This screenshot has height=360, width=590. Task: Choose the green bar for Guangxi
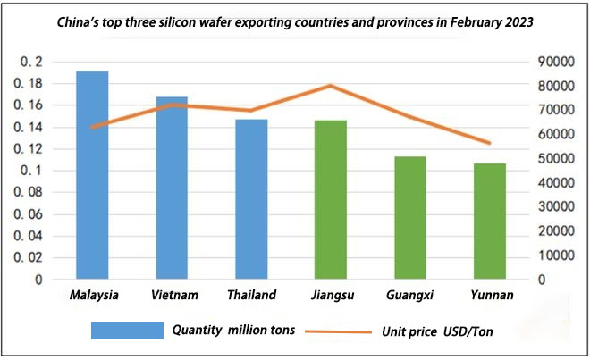point(410,217)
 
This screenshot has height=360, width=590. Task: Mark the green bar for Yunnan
point(490,221)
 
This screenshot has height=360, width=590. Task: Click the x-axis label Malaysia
point(93,294)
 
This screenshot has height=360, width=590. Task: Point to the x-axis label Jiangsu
point(331,294)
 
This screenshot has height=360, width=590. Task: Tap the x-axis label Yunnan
point(490,294)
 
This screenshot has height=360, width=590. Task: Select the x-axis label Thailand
point(251,294)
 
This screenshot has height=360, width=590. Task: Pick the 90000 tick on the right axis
point(553,62)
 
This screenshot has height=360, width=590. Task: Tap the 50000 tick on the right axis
point(553,158)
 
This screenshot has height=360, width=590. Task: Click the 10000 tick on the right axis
point(553,255)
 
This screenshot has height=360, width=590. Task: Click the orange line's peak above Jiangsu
point(331,86)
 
